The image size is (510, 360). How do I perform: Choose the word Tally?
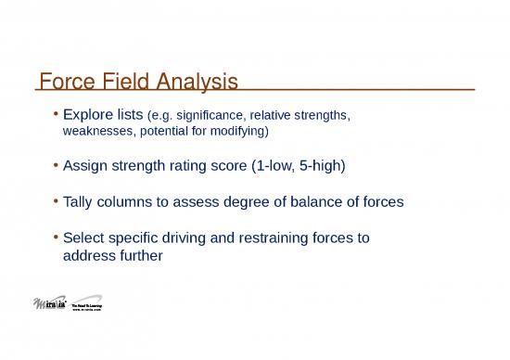[82, 201]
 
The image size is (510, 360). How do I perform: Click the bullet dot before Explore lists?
[57, 116]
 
